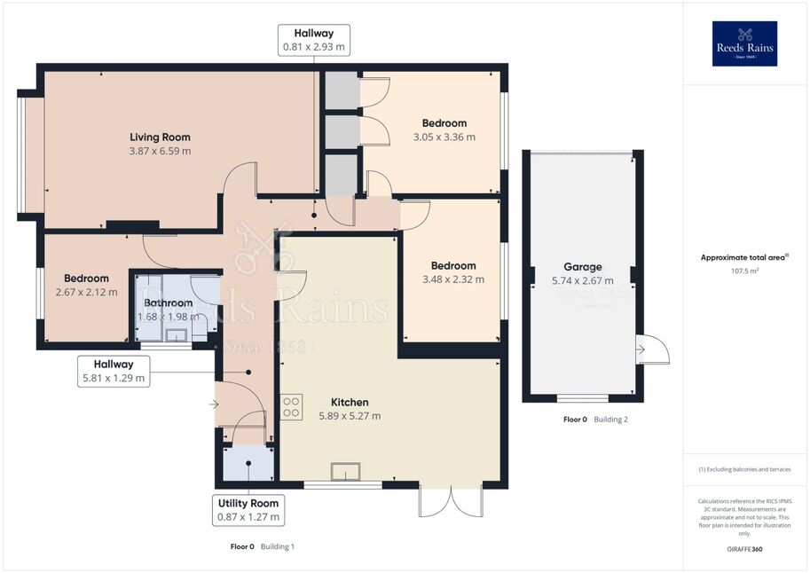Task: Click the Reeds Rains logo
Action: pyautogui.click(x=744, y=43)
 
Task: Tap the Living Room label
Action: pyautogui.click(x=160, y=137)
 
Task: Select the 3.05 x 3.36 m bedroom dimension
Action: pyautogui.click(x=444, y=137)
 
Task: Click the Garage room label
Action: pyautogui.click(x=583, y=267)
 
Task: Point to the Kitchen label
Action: pyautogui.click(x=350, y=402)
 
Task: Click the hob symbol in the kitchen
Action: pyautogui.click(x=291, y=406)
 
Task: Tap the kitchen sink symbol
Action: pyautogui.click(x=346, y=472)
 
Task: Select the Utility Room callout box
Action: pyautogui.click(x=248, y=510)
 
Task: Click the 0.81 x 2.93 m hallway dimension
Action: pyautogui.click(x=313, y=47)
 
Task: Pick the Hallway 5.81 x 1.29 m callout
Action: pyautogui.click(x=114, y=371)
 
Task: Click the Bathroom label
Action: pyautogui.click(x=168, y=302)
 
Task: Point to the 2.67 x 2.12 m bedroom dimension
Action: pyautogui.click(x=86, y=292)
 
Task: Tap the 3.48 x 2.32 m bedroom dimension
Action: pyautogui.click(x=453, y=279)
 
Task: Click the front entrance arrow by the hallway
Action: pyautogui.click(x=214, y=404)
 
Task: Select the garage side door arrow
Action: pyautogui.click(x=641, y=349)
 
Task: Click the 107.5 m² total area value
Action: pyautogui.click(x=744, y=271)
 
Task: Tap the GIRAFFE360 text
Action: pyautogui.click(x=744, y=549)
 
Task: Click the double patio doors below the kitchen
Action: pyautogui.click(x=451, y=501)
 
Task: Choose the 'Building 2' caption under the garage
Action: pyautogui.click(x=610, y=420)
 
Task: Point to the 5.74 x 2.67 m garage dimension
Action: pyautogui.click(x=583, y=280)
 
